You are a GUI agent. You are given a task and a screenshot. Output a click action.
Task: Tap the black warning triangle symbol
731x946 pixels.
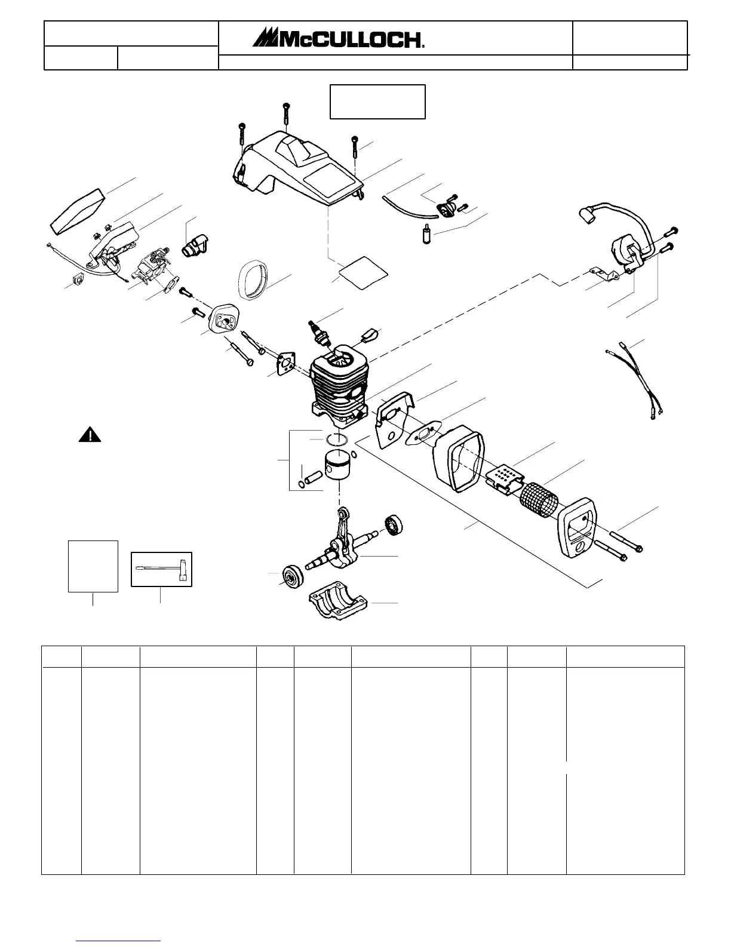pyautogui.click(x=90, y=435)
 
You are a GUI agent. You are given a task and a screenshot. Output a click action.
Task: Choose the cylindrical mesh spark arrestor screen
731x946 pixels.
pyautogui.click(x=537, y=497)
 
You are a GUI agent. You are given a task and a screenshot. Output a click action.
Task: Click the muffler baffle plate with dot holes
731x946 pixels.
pyautogui.click(x=505, y=478)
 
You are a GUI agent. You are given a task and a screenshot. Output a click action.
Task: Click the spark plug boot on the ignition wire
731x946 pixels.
pyautogui.click(x=588, y=215)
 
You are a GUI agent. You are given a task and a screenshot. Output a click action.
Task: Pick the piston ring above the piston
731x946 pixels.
pyautogui.click(x=337, y=441)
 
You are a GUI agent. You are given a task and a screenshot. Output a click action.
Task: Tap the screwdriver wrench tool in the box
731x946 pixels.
pyautogui.click(x=161, y=570)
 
